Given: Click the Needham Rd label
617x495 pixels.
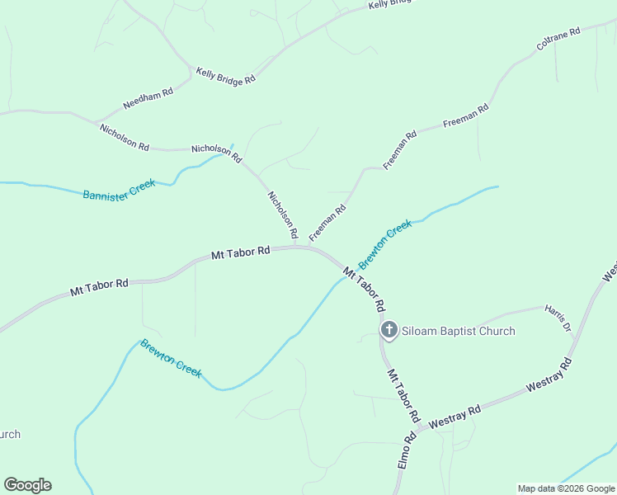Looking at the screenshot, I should (148, 98).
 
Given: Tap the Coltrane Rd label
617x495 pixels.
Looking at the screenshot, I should (558, 40).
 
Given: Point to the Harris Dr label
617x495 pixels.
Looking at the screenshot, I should (558, 318).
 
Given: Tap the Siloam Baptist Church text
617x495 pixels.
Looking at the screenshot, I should (459, 331).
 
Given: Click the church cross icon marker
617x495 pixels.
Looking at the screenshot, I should (389, 331).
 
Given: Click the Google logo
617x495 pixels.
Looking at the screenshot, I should (27, 485).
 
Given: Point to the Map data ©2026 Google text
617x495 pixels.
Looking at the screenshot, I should (566, 488).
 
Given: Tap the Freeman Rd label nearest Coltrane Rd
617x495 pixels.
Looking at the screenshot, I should (466, 115).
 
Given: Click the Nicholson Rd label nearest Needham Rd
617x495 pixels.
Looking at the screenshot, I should (124, 137).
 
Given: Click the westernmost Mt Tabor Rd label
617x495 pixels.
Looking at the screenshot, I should (99, 287).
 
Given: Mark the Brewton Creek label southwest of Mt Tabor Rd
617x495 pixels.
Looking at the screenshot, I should (171, 358).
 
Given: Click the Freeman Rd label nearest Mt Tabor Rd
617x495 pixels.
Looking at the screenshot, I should (327, 224).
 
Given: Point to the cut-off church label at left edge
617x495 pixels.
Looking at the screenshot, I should (10, 434).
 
